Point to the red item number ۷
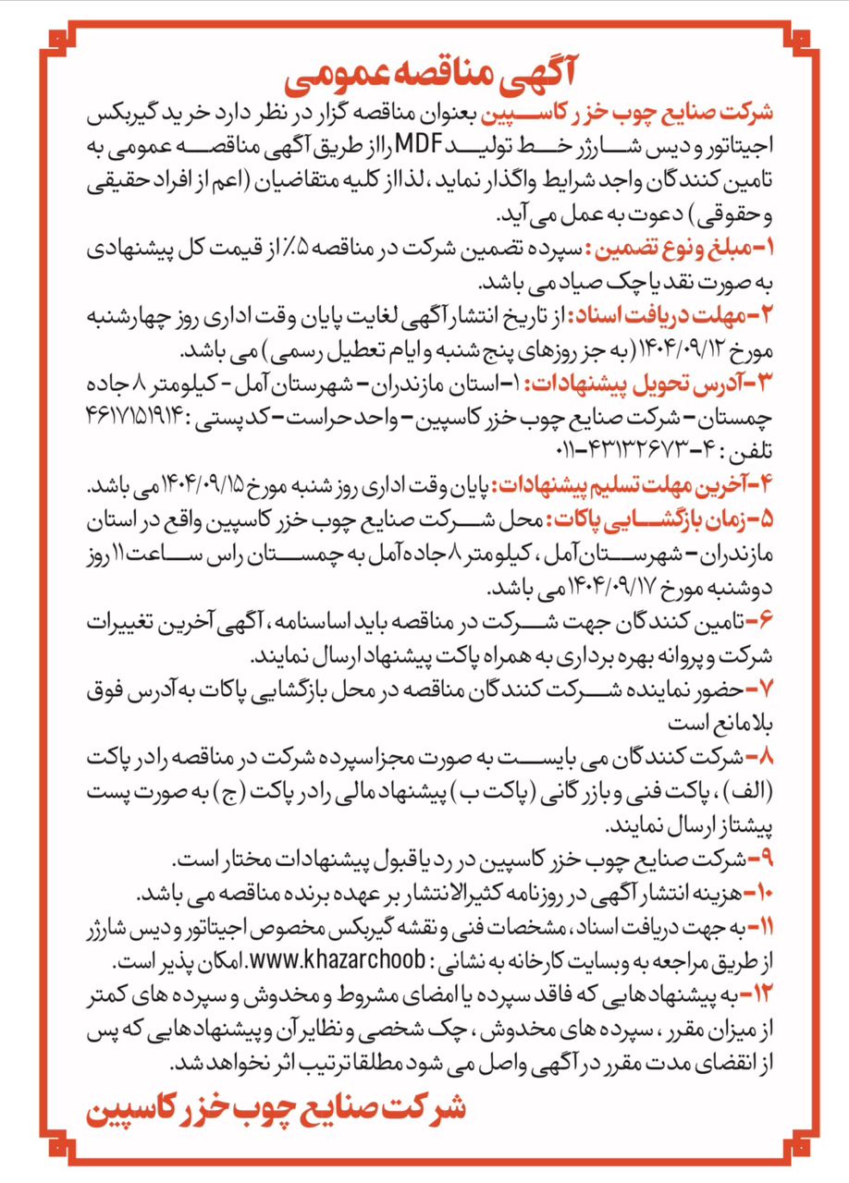click(x=757, y=688)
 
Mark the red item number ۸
click(x=757, y=758)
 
